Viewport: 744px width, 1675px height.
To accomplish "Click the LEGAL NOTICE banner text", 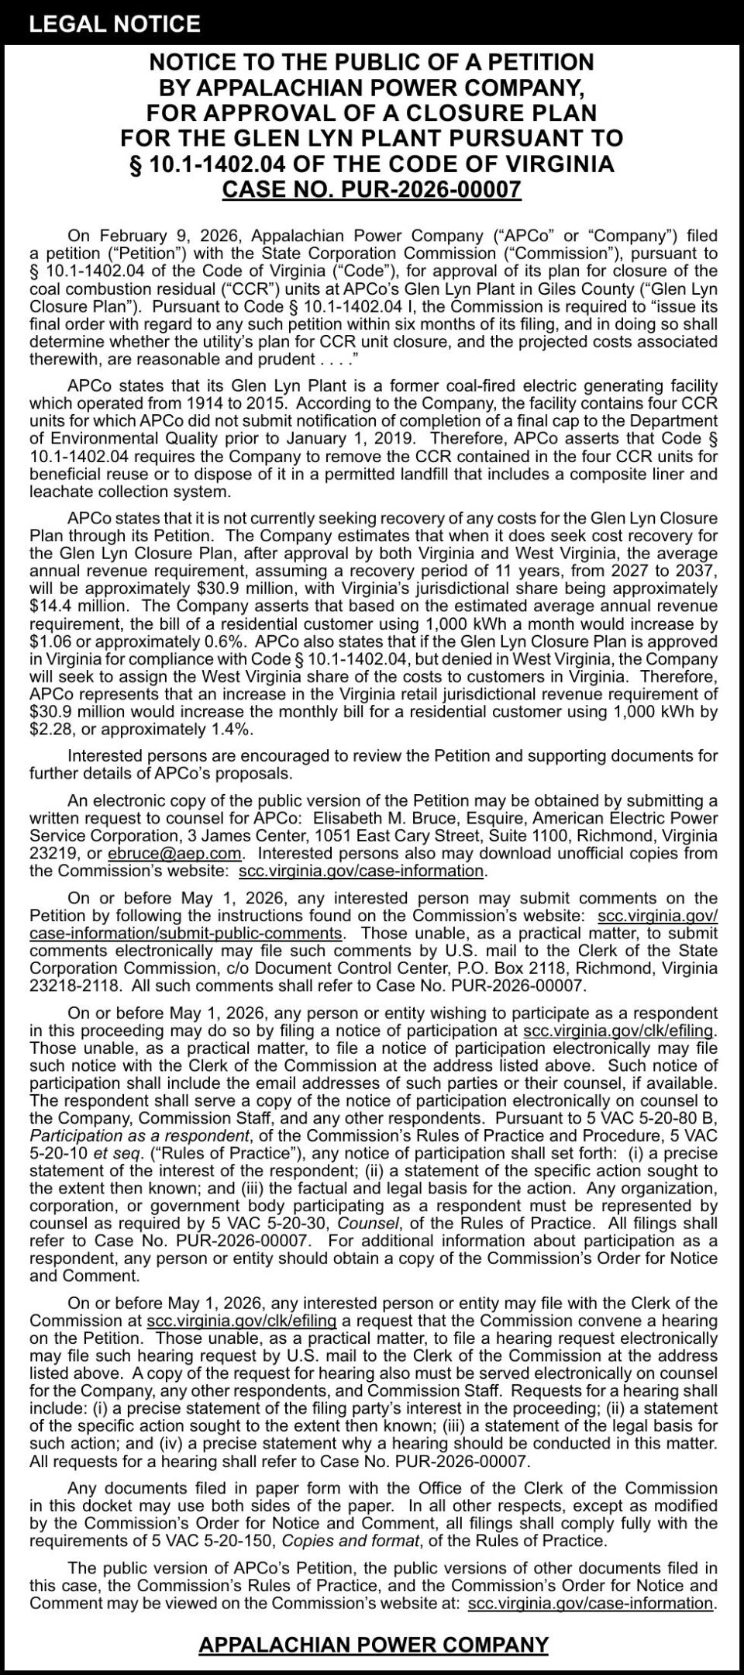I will tap(115, 23).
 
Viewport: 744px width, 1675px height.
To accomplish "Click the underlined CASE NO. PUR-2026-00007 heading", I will tap(372, 189).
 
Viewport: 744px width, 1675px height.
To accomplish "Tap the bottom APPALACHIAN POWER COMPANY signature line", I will tap(373, 1645).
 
